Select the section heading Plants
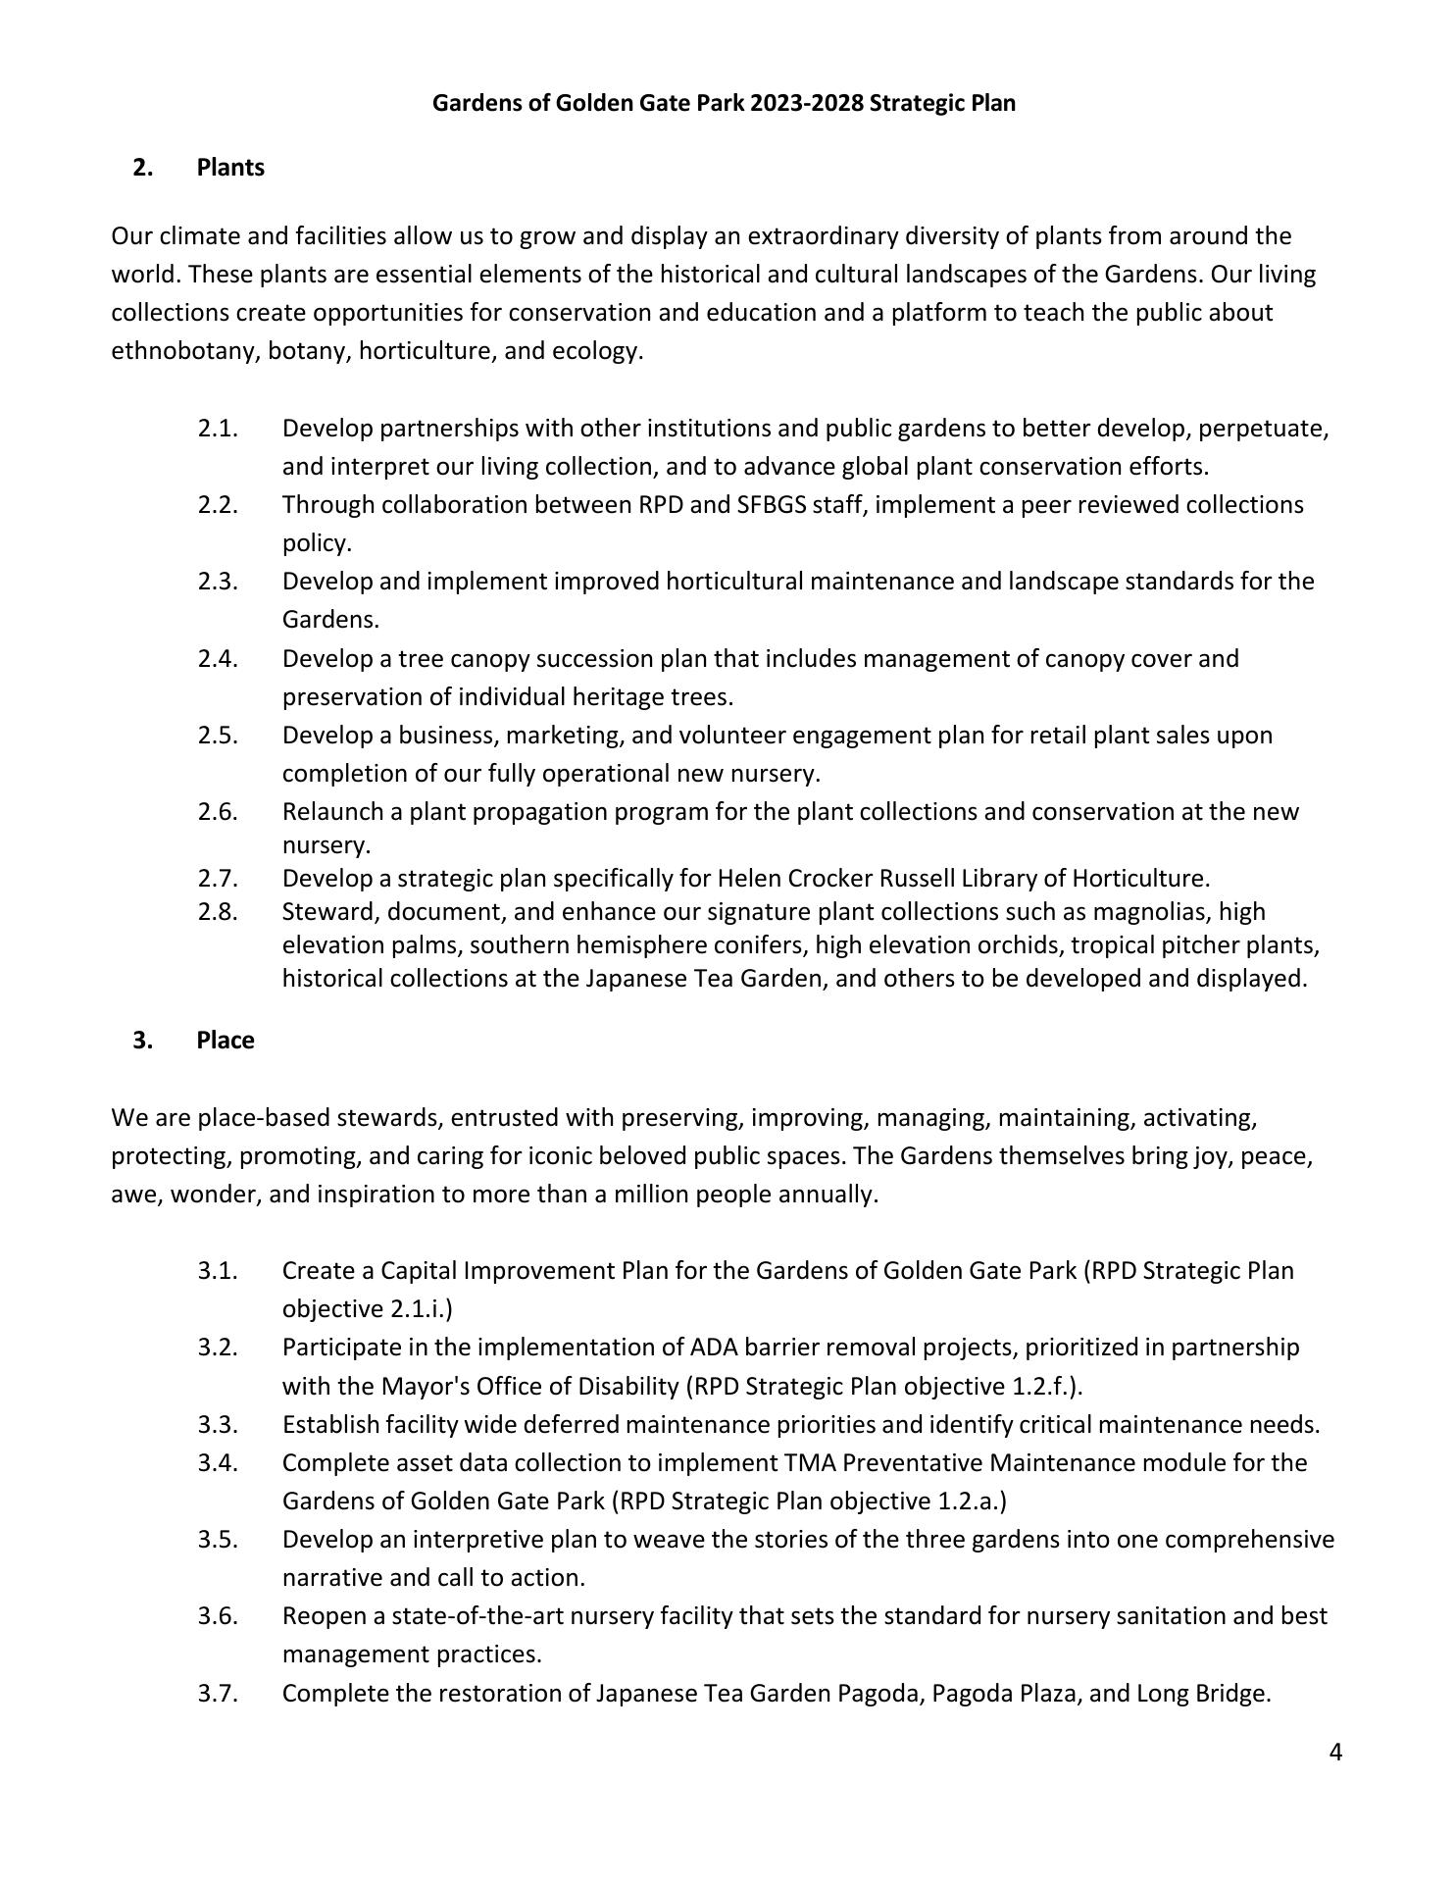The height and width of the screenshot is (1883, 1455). pos(230,168)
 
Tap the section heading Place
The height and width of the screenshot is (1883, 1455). pos(225,1041)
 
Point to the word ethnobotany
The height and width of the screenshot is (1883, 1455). pos(183,351)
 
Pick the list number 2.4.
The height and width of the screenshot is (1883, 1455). pos(218,659)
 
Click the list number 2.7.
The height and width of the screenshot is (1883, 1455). pos(218,878)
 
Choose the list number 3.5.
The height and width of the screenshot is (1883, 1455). pos(218,1540)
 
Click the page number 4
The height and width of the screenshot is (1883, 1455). pos(1335,1753)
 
